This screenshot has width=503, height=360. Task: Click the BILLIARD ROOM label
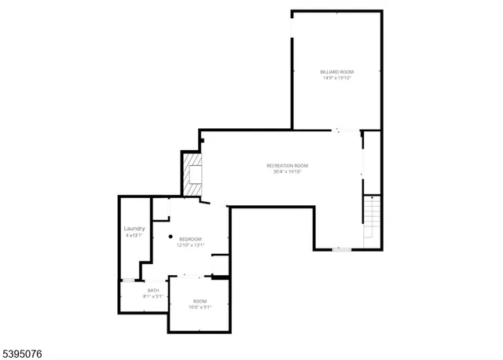pos(336,72)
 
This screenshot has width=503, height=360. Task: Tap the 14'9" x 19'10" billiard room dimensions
pos(336,78)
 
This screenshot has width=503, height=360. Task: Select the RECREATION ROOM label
pos(287,165)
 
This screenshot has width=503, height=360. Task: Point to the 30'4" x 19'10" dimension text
pos(287,171)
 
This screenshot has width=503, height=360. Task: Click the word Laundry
pos(134,229)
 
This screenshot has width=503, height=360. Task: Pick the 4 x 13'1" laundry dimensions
pos(134,235)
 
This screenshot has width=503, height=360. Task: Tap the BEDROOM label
pos(190,239)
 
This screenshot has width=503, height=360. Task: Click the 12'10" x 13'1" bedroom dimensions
pos(190,245)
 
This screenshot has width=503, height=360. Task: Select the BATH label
pos(153,291)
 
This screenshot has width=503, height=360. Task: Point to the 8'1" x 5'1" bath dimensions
pos(153,296)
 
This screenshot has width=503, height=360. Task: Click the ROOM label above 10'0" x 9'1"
pos(200,302)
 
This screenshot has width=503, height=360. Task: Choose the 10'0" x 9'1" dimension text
pos(200,307)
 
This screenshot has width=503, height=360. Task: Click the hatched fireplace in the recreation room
pos(193,174)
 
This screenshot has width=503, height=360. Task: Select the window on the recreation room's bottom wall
pos(341,250)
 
